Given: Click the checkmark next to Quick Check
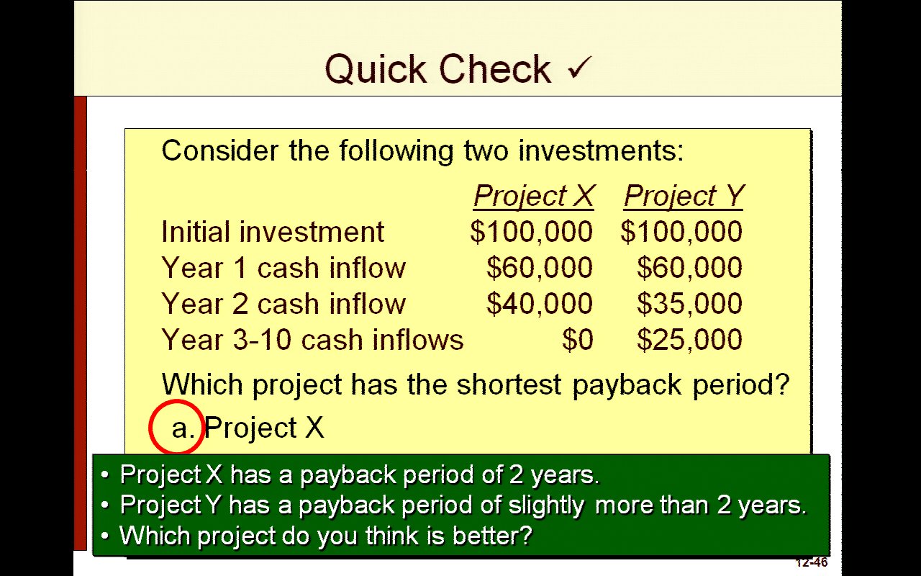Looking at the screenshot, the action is coord(579,68).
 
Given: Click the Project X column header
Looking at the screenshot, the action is coord(534,196).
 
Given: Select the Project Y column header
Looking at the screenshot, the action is coord(684,196).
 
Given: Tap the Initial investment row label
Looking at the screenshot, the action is coord(273,232).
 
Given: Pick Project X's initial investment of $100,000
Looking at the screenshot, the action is coord(531,232).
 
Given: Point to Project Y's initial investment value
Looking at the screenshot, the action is coord(681,232).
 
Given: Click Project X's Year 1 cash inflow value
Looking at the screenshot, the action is coord(540,268).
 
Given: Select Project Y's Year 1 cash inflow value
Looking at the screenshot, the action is coord(689,268).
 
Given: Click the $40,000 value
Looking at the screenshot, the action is coord(540,304).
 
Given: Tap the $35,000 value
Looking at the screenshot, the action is coord(689,304).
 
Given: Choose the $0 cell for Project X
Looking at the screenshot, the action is coord(578,340).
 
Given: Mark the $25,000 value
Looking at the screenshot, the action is coord(689,340).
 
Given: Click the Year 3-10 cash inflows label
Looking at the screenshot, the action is coord(312,340).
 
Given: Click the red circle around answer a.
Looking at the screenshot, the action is coord(150,427).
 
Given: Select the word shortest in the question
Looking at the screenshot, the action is coord(509,384).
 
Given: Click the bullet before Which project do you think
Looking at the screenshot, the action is coord(105,536).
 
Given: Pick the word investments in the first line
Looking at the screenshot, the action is coord(601,150).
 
